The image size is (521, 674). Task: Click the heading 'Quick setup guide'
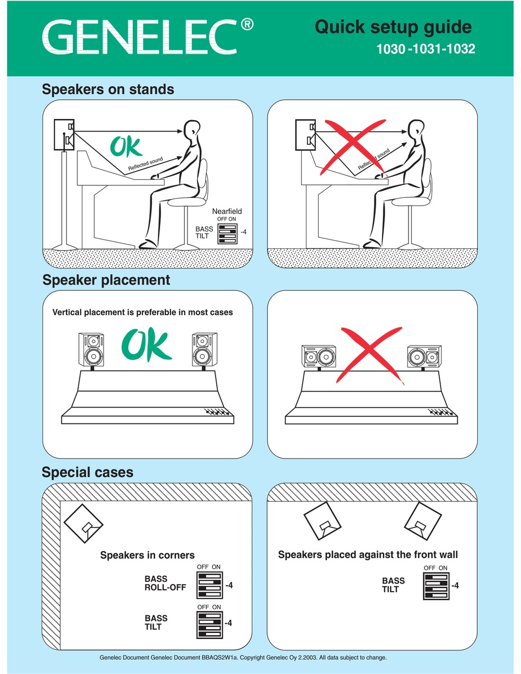click(x=393, y=27)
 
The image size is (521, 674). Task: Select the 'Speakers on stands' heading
click(x=108, y=89)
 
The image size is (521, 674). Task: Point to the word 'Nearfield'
click(x=226, y=211)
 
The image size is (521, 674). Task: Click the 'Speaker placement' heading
click(x=106, y=280)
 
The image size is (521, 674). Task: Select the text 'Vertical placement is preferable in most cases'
click(x=143, y=313)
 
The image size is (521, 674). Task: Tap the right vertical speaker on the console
click(x=203, y=350)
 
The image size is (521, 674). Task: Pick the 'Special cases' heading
click(x=88, y=472)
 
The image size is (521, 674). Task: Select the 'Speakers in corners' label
click(x=147, y=555)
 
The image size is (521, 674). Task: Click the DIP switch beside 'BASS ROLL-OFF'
click(x=209, y=585)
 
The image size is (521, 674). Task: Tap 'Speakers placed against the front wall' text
click(x=367, y=554)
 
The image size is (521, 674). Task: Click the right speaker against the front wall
click(x=423, y=523)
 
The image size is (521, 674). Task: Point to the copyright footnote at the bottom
click(x=243, y=657)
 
